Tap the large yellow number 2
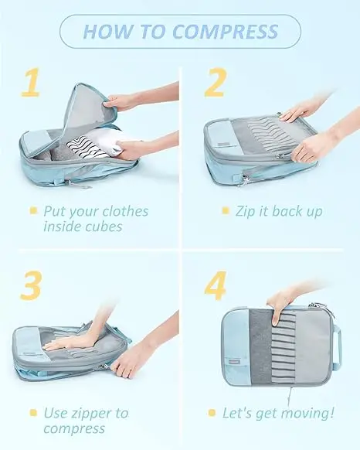pyautogui.click(x=216, y=83)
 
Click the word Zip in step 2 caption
pyautogui.click(x=246, y=210)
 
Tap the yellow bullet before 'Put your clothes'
pyautogui.click(x=33, y=210)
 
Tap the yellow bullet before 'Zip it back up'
pyautogui.click(x=226, y=210)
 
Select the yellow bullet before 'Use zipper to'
pyautogui.click(x=33, y=413)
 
